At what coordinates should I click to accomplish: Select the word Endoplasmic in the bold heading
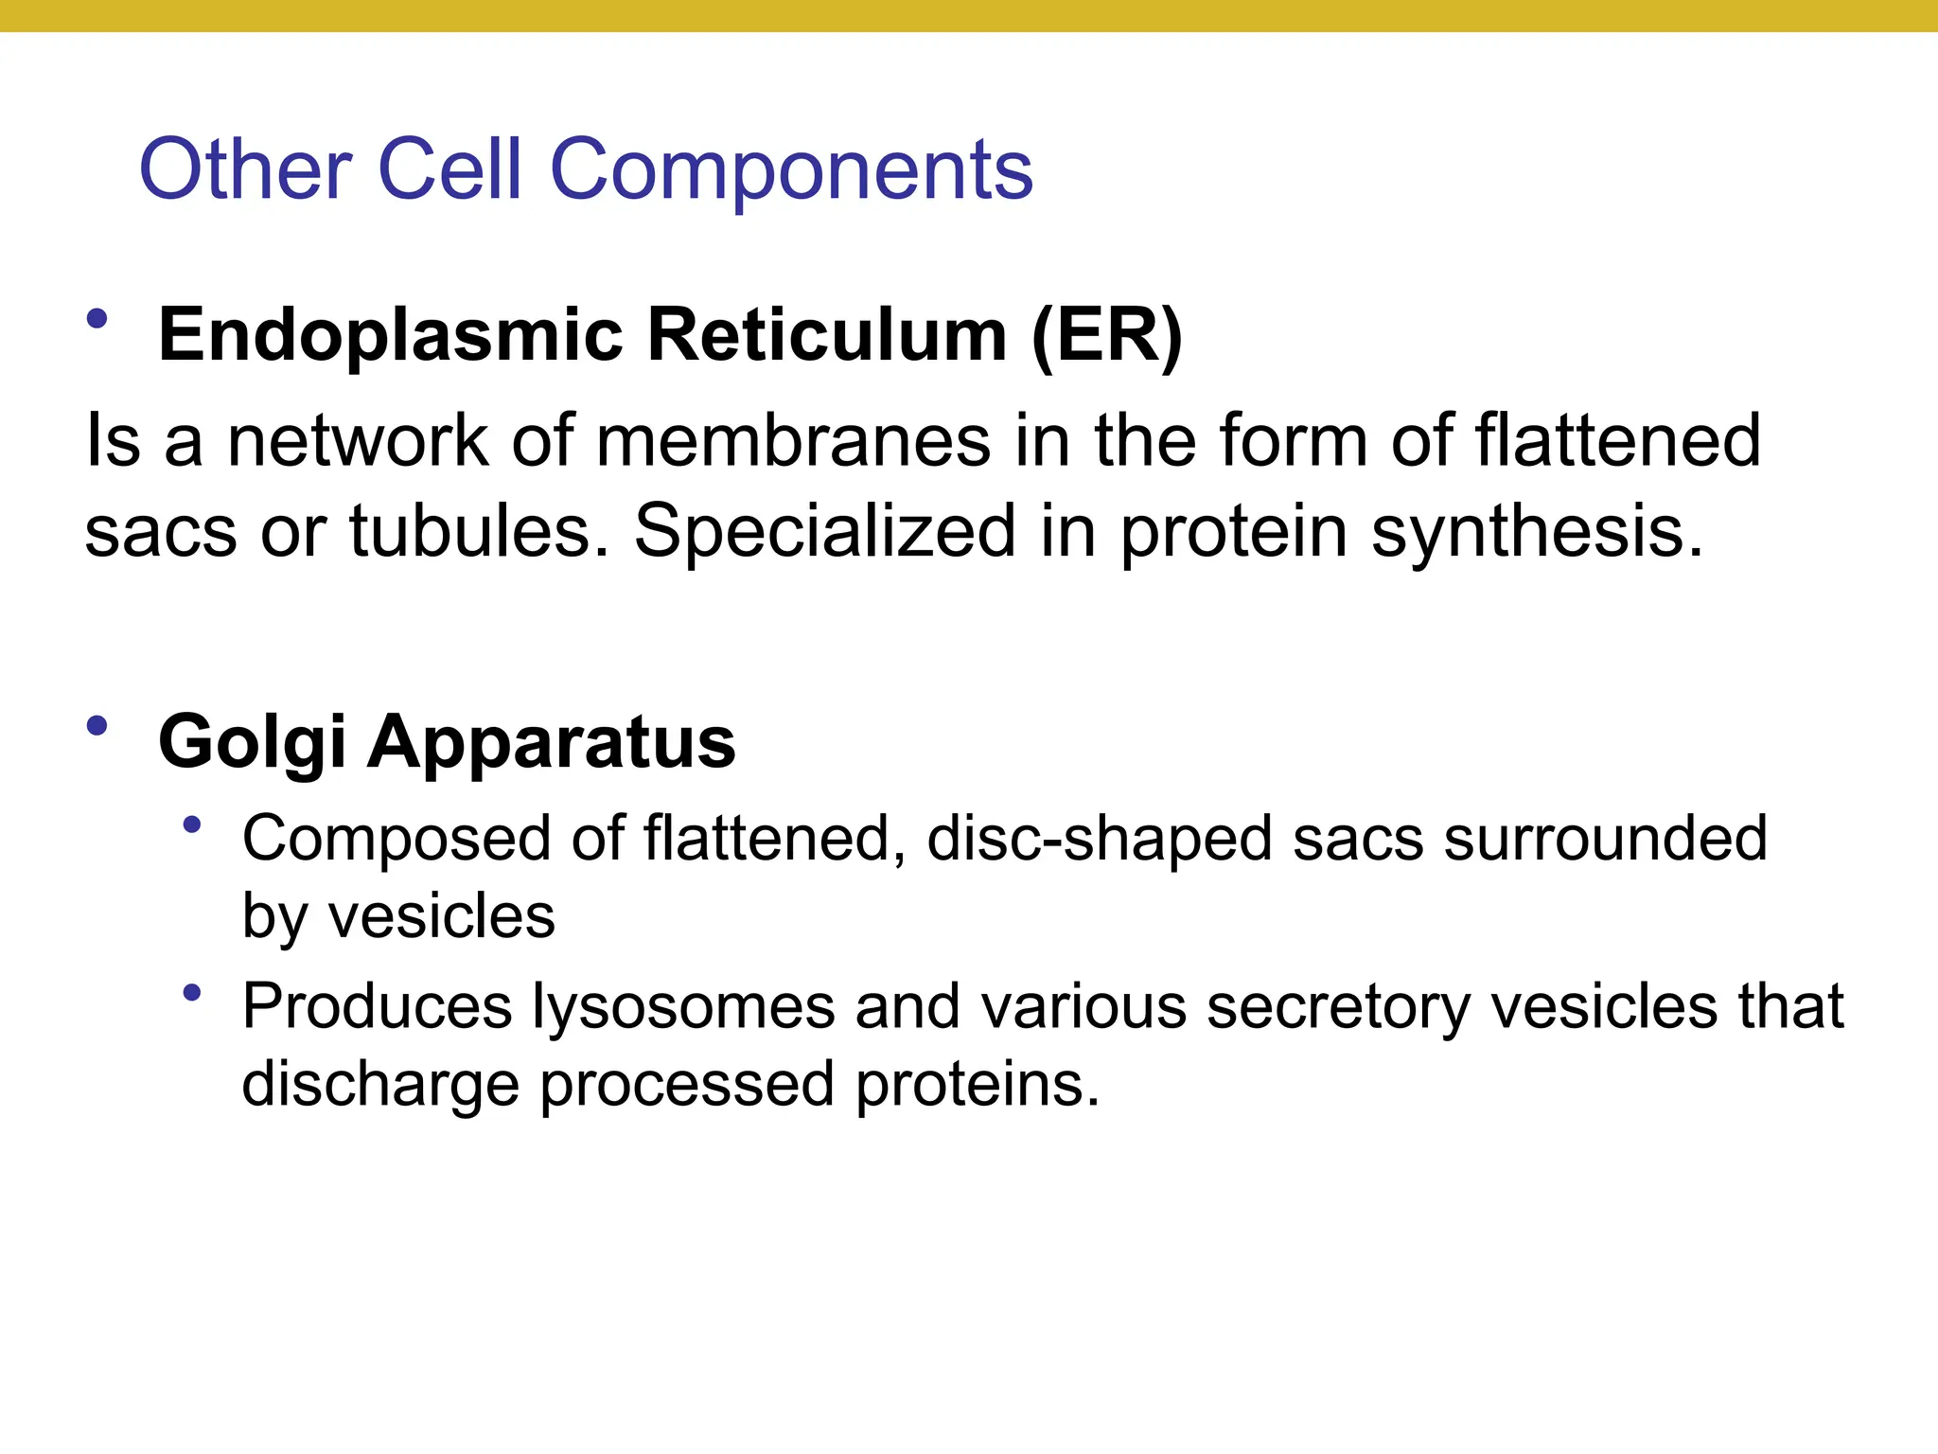[x=391, y=336]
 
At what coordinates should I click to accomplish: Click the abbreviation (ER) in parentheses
[x=1106, y=336]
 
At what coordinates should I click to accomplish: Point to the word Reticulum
[x=827, y=336]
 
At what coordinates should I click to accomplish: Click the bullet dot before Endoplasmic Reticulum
[x=97, y=319]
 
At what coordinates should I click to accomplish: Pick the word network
[x=358, y=441]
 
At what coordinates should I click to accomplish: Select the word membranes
[x=793, y=441]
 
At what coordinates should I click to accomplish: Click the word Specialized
[x=824, y=532]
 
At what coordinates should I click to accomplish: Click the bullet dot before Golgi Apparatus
[x=97, y=727]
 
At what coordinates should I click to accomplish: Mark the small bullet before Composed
[x=193, y=825]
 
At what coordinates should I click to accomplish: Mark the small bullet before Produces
[x=193, y=993]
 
